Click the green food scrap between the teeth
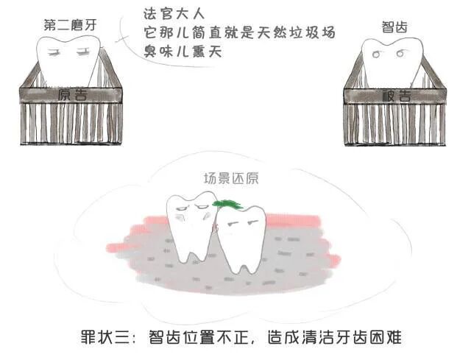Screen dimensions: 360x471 click(225, 204)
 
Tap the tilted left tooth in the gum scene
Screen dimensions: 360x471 click(190, 225)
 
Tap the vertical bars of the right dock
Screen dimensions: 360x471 click(396, 124)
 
